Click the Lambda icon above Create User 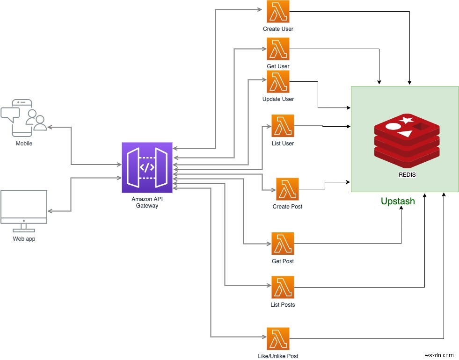(x=278, y=12)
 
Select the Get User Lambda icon (x=278, y=49)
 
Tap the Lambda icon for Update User (x=278, y=82)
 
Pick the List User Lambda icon (x=283, y=126)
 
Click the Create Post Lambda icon (x=287, y=189)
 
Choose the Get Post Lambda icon (x=283, y=244)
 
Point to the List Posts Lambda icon (x=283, y=288)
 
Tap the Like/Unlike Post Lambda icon (x=278, y=339)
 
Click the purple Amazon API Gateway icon (x=147, y=167)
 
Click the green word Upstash (x=398, y=202)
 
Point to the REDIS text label (x=407, y=175)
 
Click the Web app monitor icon (x=24, y=210)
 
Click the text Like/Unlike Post (x=278, y=356)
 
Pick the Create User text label (x=278, y=29)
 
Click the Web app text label (x=24, y=239)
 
